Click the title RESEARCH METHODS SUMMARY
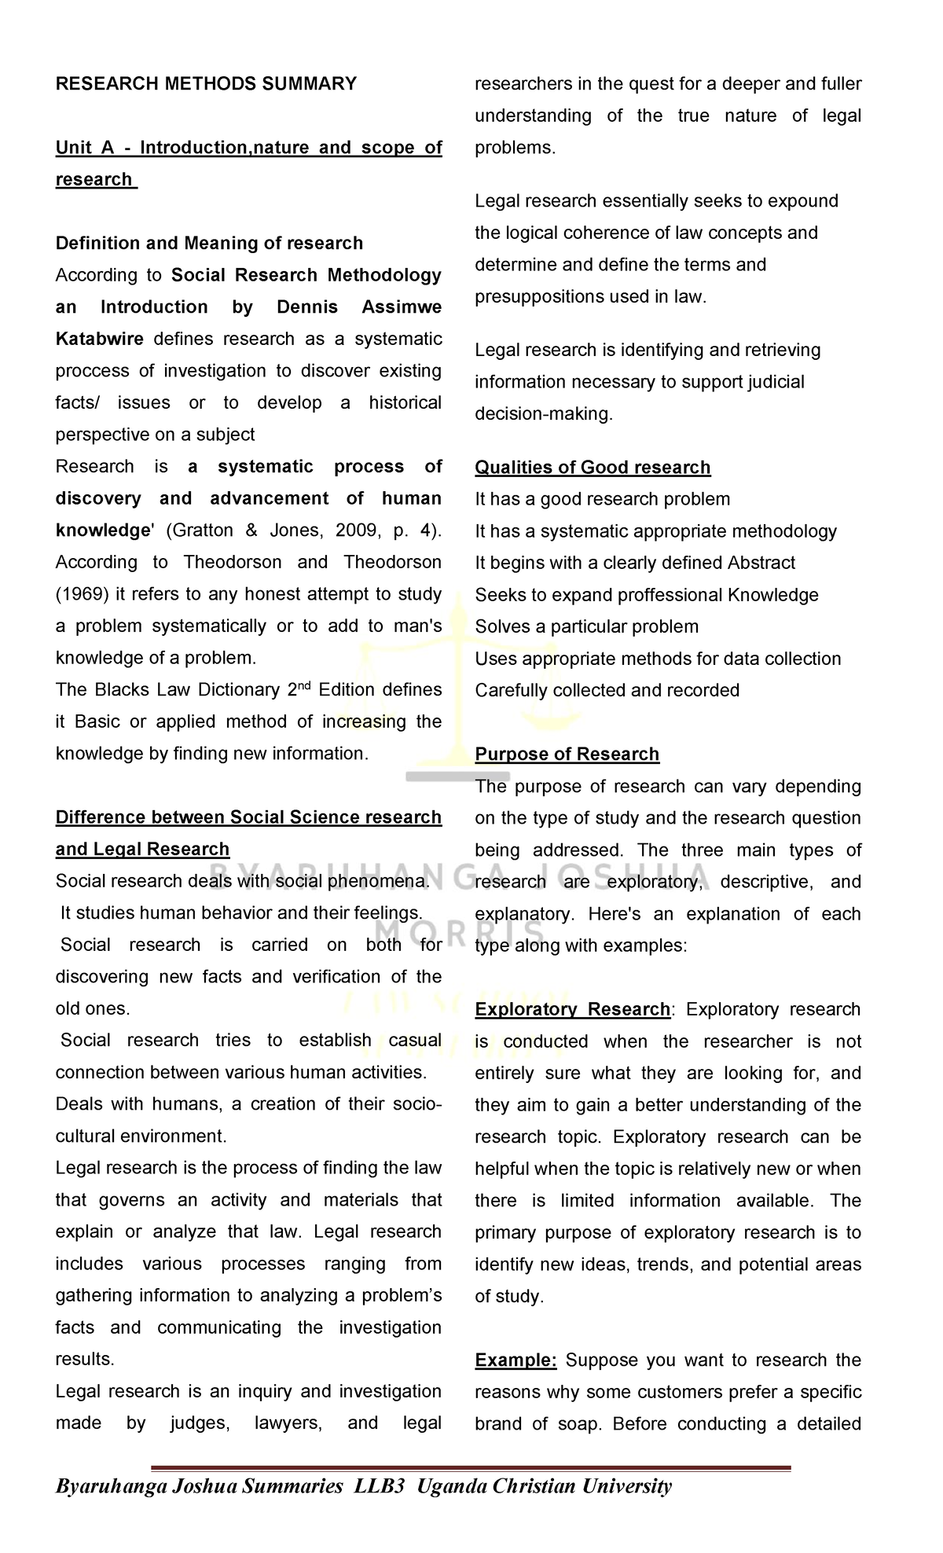[206, 83]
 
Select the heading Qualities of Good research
[593, 468]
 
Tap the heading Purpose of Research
[567, 754]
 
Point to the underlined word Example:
[516, 1360]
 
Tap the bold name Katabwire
[99, 339]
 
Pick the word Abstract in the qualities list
[761, 563]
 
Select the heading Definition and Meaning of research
[209, 243]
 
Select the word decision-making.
[543, 414]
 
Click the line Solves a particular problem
[586, 626]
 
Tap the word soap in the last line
[582, 1423]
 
